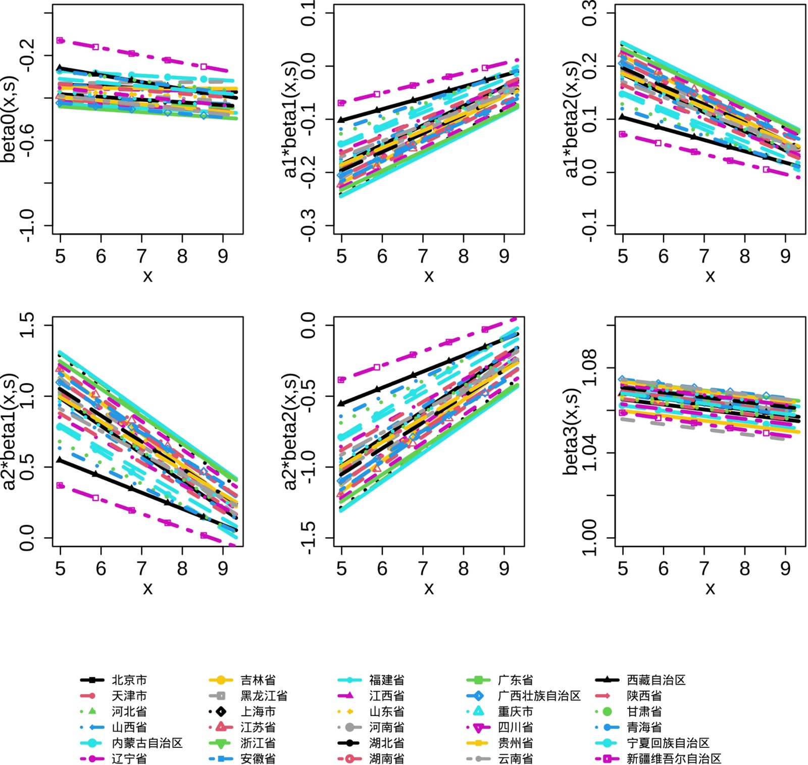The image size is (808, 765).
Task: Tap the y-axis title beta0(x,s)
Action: click(x=9, y=119)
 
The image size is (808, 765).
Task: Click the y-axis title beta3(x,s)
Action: click(x=571, y=432)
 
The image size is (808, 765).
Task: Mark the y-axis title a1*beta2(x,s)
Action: click(x=571, y=120)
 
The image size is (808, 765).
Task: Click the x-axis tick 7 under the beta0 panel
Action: click(x=142, y=257)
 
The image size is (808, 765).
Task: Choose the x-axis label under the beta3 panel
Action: click(x=710, y=588)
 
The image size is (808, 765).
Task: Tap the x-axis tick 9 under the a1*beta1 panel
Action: click(x=504, y=257)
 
